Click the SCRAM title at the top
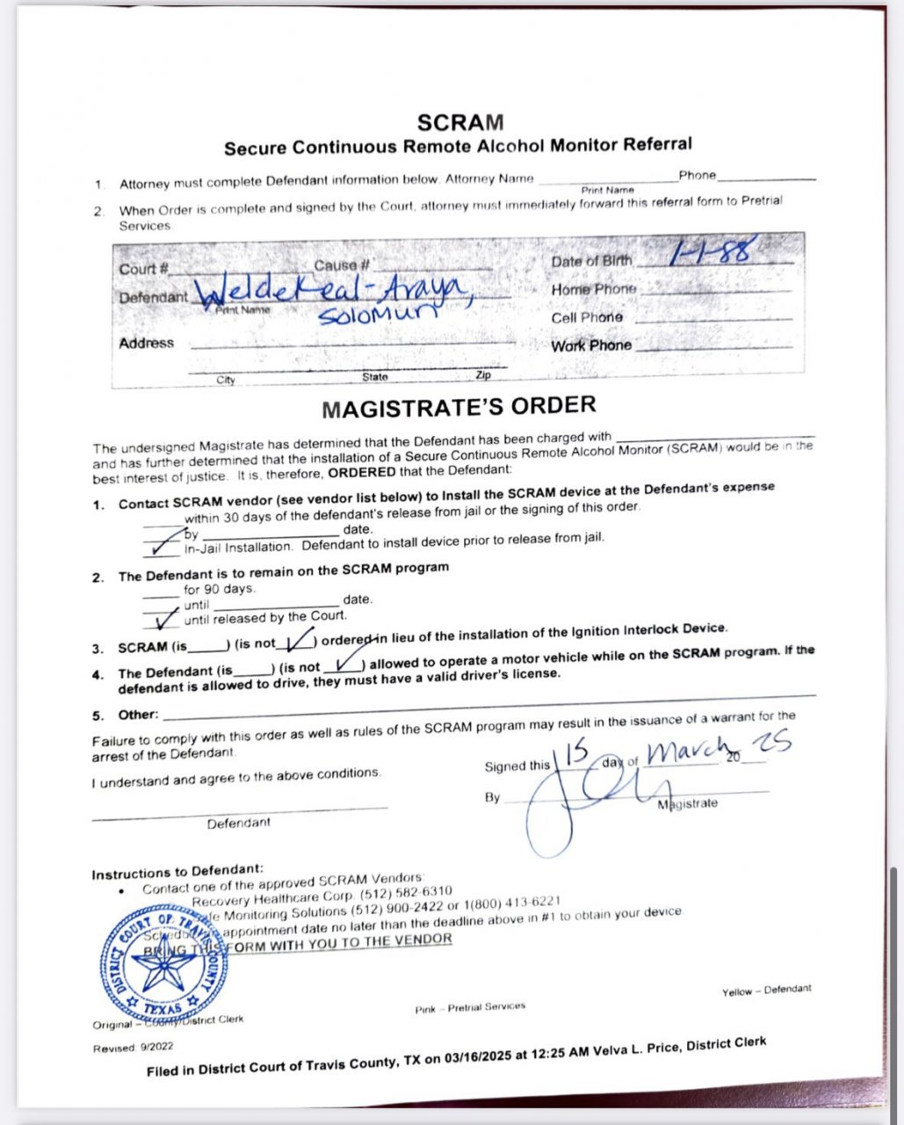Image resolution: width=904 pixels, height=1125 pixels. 459,122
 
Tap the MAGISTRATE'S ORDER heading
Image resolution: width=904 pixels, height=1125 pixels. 459,408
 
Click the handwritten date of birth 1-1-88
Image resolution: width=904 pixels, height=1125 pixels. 712,252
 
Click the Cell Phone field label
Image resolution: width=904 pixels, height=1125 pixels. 587,317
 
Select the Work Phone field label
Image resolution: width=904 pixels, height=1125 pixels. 591,345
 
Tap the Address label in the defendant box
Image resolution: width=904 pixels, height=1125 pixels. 147,343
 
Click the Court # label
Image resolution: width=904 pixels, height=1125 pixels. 143,269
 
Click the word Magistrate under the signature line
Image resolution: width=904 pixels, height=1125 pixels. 688,803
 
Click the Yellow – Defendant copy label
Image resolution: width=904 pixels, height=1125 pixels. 766,991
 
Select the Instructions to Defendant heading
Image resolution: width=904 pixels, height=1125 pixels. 177,873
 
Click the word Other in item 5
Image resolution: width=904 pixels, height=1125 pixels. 138,715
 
